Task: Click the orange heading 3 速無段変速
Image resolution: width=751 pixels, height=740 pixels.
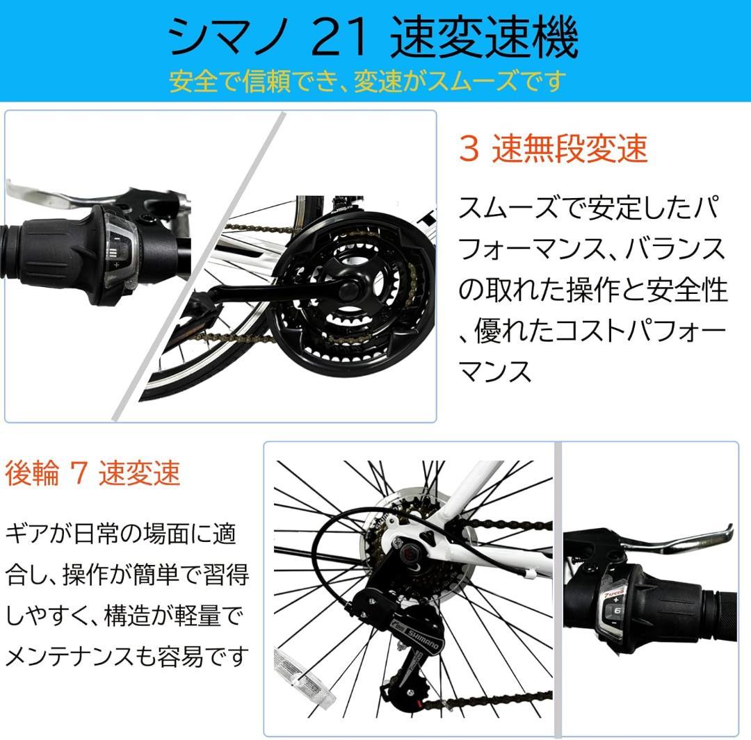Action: pyautogui.click(x=553, y=148)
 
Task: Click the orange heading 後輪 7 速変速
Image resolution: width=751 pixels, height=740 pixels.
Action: pyautogui.click(x=92, y=473)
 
